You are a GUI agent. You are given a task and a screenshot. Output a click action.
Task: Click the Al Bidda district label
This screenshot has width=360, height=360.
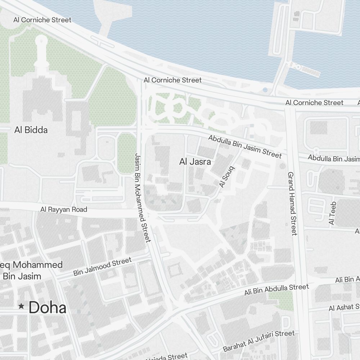[31, 130]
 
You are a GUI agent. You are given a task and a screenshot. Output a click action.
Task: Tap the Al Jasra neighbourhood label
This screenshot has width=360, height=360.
[195, 162]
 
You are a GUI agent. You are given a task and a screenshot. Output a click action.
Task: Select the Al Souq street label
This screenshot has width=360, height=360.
[226, 177]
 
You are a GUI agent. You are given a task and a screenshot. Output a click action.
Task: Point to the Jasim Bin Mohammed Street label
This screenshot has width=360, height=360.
[142, 197]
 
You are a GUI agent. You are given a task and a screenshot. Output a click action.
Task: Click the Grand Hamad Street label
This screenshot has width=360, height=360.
[292, 203]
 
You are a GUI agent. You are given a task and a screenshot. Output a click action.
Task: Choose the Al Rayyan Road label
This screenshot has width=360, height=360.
[64, 210]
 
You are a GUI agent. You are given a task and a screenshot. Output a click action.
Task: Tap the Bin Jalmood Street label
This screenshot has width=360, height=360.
[102, 267]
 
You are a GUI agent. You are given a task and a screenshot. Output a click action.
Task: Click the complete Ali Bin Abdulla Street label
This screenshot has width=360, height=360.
[276, 289]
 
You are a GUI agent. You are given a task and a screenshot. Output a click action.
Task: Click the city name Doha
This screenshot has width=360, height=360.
[48, 308]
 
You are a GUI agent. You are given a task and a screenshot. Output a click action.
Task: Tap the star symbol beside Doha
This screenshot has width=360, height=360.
[21, 306]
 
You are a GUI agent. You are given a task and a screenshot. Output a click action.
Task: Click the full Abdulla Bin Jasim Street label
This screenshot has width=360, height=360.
[245, 147]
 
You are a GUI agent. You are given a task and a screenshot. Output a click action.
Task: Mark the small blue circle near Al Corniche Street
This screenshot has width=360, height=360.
[265, 90]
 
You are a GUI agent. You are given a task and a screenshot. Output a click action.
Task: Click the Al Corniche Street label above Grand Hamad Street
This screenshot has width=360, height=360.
[314, 103]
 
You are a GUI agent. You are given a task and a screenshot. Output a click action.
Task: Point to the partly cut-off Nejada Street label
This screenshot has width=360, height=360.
[167, 357]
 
